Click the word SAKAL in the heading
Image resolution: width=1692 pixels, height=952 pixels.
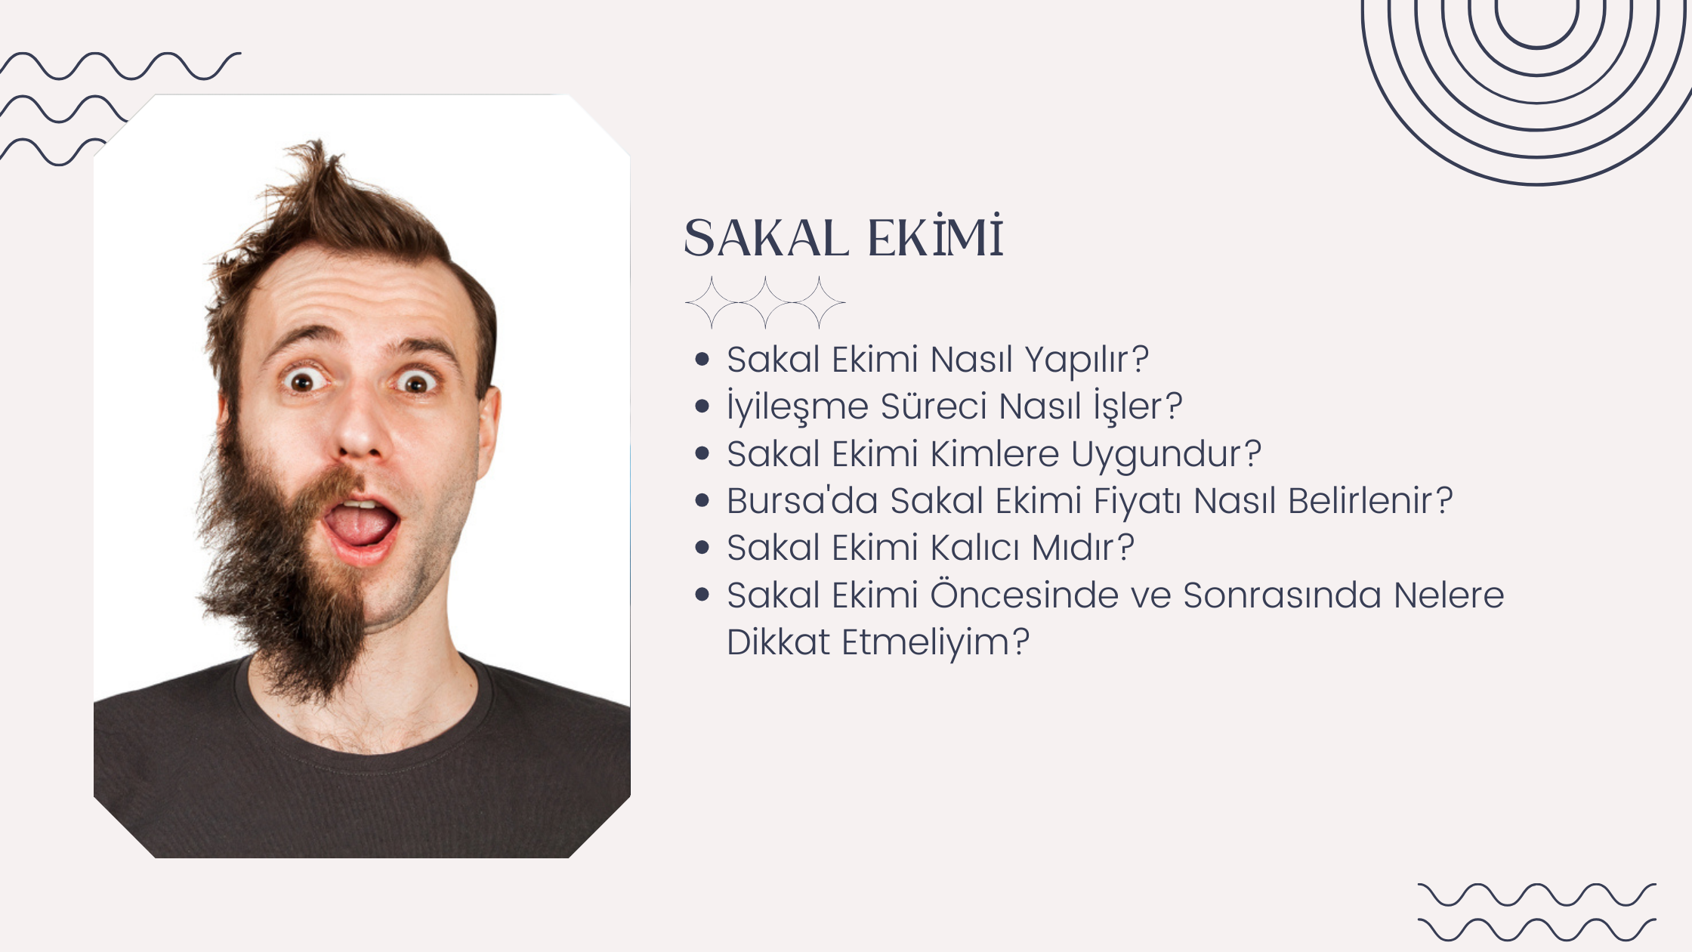click(x=766, y=239)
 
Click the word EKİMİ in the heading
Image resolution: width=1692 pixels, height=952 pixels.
click(x=935, y=236)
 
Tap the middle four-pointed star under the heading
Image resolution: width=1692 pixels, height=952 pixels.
click(x=765, y=302)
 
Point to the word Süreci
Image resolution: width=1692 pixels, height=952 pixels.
click(x=933, y=406)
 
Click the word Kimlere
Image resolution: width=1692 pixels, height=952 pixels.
click(x=995, y=454)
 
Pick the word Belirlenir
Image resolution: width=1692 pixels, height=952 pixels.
click(x=1359, y=500)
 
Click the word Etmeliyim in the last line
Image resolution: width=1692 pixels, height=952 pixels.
click(x=925, y=643)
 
